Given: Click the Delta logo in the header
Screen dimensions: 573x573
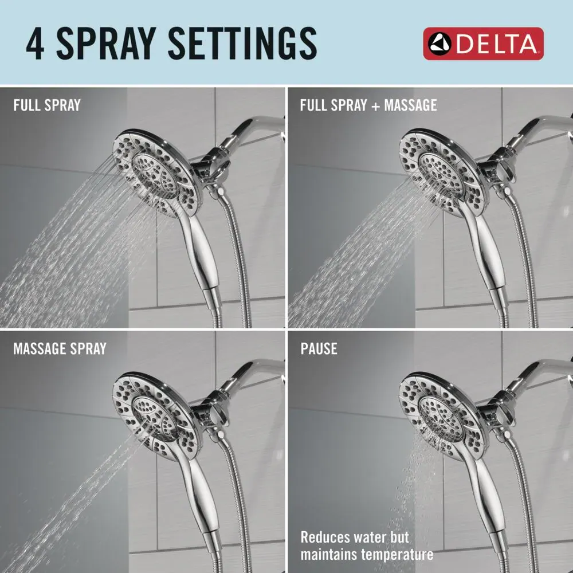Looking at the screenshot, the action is (x=483, y=44).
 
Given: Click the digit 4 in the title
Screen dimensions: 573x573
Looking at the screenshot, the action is (x=35, y=44).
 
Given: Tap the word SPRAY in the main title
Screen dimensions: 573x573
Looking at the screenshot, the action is (x=107, y=44).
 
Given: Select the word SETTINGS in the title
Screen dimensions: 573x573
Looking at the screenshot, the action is (x=242, y=44).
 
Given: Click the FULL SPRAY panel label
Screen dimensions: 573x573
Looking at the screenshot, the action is (x=47, y=105).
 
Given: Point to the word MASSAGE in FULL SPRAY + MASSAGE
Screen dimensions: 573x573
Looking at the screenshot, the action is (x=410, y=105).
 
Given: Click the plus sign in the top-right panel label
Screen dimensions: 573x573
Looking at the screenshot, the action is (x=375, y=106).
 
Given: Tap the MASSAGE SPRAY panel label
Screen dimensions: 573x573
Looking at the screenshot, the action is (x=60, y=348).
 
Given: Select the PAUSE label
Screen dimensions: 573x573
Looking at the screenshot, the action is (x=319, y=348).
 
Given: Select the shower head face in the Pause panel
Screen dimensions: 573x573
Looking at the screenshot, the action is (x=442, y=417).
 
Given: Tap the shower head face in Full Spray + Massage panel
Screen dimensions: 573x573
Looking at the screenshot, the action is (x=442, y=174).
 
